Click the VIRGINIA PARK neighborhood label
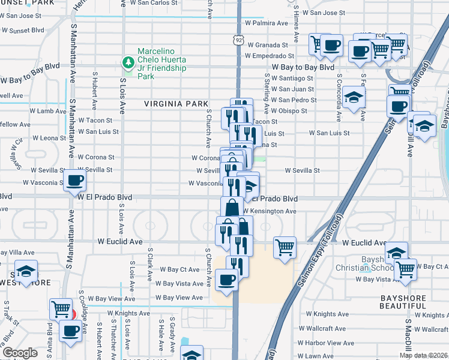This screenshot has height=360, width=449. [x=175, y=104]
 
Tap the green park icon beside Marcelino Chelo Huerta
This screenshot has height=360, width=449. [x=127, y=62]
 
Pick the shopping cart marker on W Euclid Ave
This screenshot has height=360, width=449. [x=285, y=247]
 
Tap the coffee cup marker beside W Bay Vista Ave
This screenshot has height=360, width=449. [x=226, y=280]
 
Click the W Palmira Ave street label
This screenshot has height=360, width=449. [x=265, y=23]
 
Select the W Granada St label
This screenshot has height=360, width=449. [x=268, y=45]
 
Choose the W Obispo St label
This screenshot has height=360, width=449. [x=289, y=110]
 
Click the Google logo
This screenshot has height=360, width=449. [x=20, y=353]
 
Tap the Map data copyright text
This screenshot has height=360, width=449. [x=423, y=355]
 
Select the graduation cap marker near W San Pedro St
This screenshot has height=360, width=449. [x=354, y=98]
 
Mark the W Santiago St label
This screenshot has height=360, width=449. [x=292, y=78]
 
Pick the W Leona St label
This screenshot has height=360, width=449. [x=39, y=137]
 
